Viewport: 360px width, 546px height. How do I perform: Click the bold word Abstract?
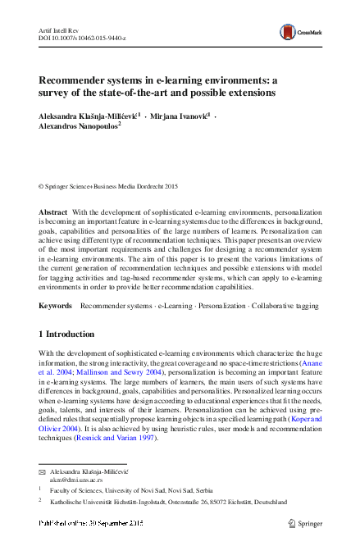(53, 212)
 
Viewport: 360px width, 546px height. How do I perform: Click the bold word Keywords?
(56, 305)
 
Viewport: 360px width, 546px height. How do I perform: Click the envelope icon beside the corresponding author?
(42, 475)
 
